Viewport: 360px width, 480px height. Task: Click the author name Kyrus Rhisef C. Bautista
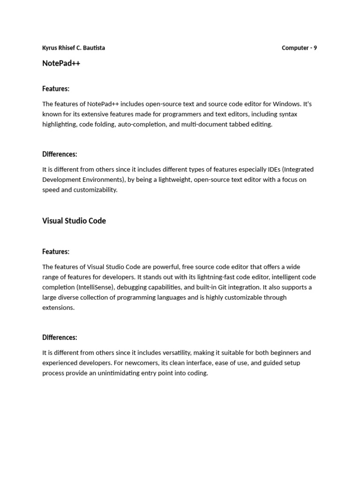(x=74, y=48)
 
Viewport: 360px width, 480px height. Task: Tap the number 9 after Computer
(x=315, y=48)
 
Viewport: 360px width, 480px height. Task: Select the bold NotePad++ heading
(x=61, y=63)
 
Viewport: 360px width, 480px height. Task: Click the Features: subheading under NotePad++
(x=56, y=89)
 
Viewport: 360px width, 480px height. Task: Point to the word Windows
(x=285, y=104)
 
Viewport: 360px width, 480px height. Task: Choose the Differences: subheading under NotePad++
(x=60, y=154)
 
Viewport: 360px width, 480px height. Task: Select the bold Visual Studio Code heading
(x=74, y=221)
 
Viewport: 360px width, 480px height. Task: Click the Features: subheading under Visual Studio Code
(x=56, y=252)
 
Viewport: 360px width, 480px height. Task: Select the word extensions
(x=58, y=308)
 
